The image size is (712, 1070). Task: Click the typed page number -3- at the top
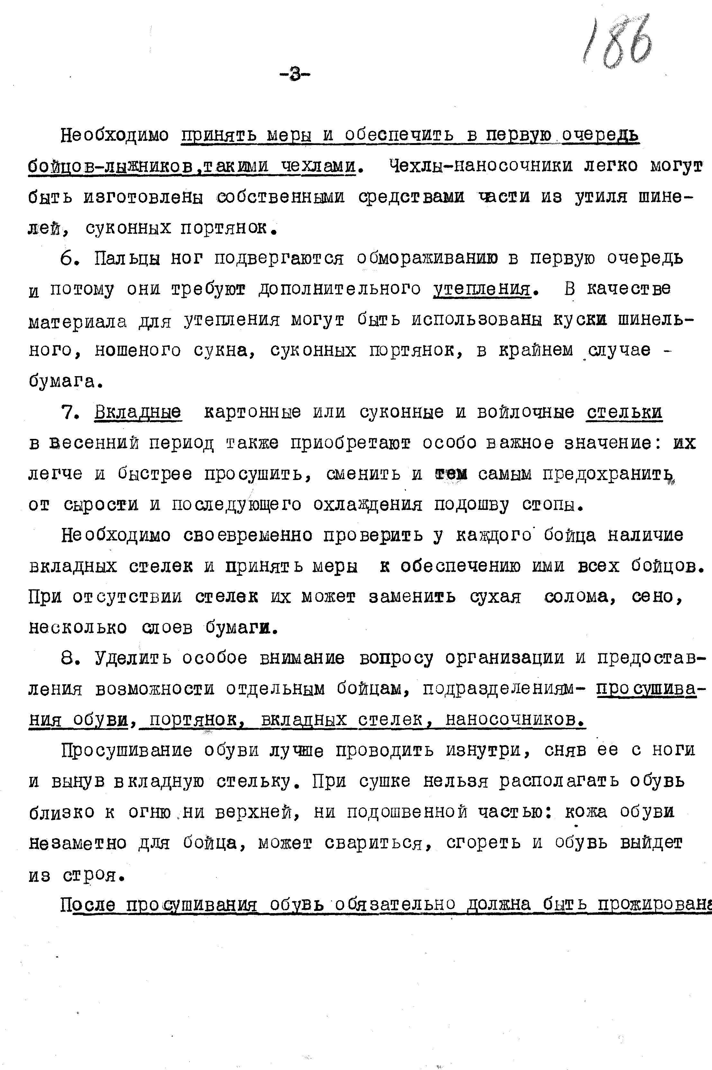click(295, 74)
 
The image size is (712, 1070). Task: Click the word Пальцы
click(127, 258)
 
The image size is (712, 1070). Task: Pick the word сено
click(657, 597)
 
